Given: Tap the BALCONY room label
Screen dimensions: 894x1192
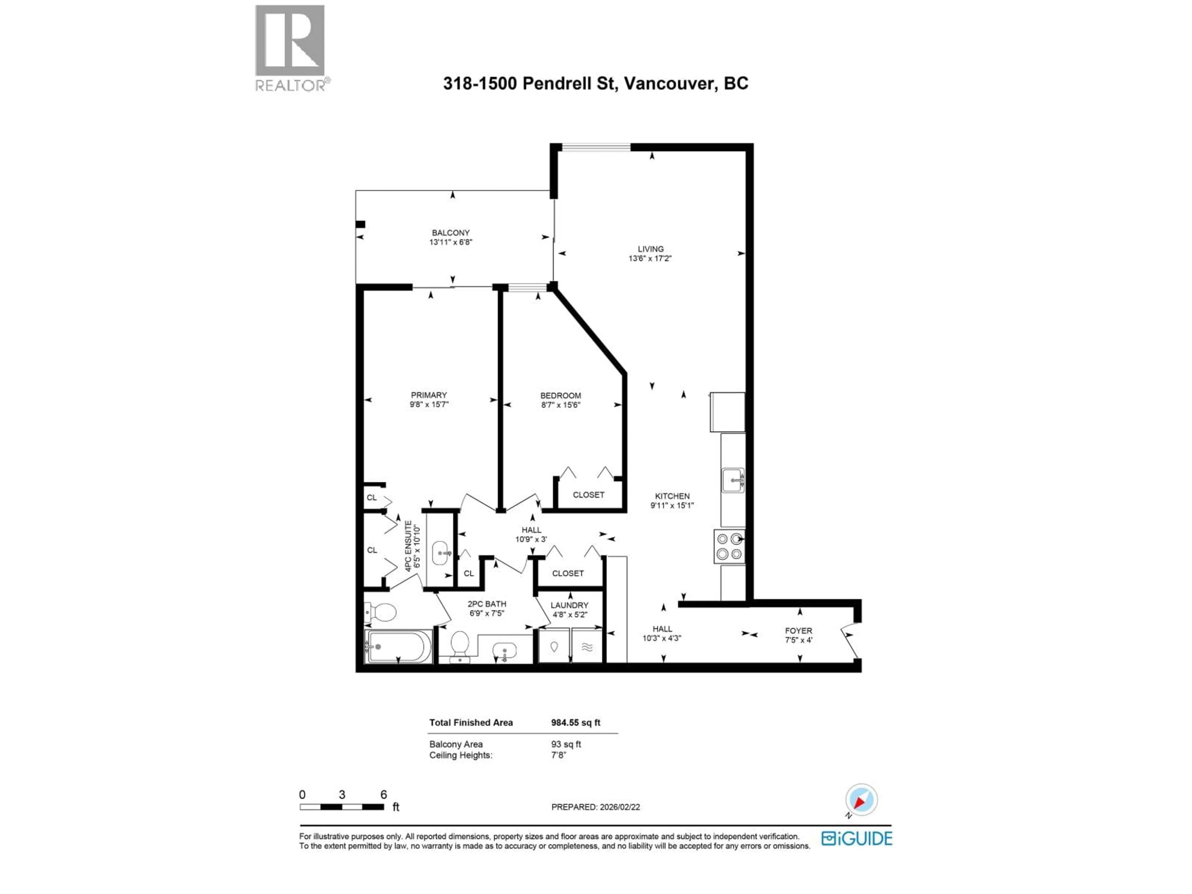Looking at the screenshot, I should [450, 233].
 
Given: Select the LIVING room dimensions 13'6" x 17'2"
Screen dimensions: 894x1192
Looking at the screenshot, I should [650, 259].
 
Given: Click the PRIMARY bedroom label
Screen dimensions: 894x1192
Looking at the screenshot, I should [429, 395].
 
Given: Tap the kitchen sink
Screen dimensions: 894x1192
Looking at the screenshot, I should [733, 480].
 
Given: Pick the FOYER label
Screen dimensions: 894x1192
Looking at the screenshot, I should [798, 630].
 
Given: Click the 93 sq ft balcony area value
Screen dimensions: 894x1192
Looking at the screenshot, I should [566, 744].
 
